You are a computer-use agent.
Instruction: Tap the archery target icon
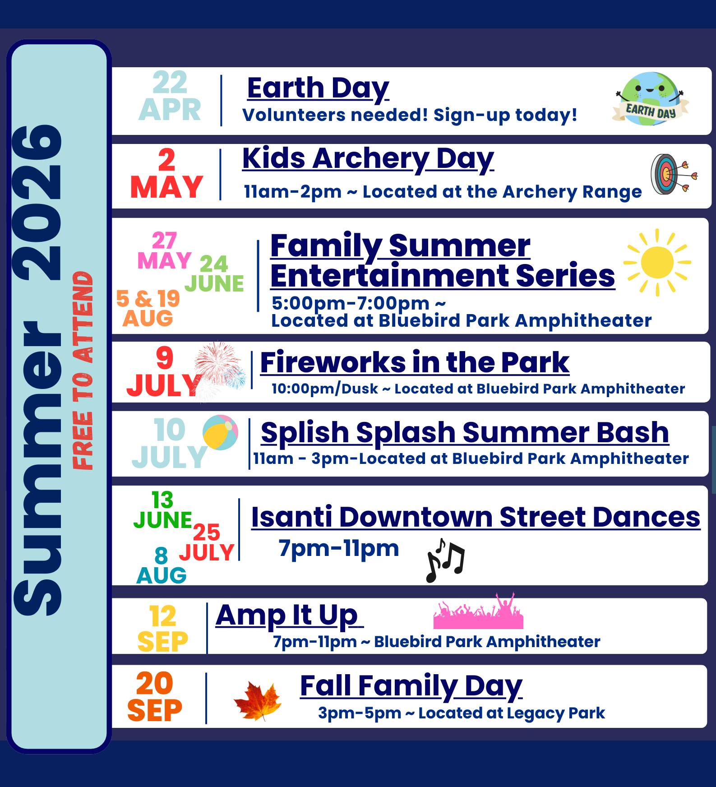pyautogui.click(x=672, y=174)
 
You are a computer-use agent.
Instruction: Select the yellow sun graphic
pyautogui.click(x=657, y=262)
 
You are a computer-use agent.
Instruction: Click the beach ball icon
pyautogui.click(x=220, y=432)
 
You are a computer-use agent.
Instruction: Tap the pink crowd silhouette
pyautogui.click(x=478, y=613)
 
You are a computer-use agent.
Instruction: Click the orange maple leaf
pyautogui.click(x=258, y=700)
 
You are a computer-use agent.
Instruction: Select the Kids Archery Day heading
pyautogui.click(x=368, y=159)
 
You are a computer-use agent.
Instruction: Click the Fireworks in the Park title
pyautogui.click(x=414, y=362)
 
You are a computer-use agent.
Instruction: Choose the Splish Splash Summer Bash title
pyautogui.click(x=464, y=432)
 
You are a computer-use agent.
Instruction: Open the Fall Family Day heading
pyautogui.click(x=411, y=686)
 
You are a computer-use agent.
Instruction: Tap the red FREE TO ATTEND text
pyautogui.click(x=83, y=371)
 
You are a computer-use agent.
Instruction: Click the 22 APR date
pyautogui.click(x=170, y=96)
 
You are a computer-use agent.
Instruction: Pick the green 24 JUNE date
pyautogui.click(x=214, y=274)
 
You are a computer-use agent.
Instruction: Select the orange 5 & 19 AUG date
pyautogui.click(x=148, y=308)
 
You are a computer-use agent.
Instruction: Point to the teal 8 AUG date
pyautogui.click(x=161, y=566)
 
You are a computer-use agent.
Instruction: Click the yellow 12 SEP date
pyautogui.click(x=162, y=629)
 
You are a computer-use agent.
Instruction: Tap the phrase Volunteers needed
pyautogui.click(x=335, y=115)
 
